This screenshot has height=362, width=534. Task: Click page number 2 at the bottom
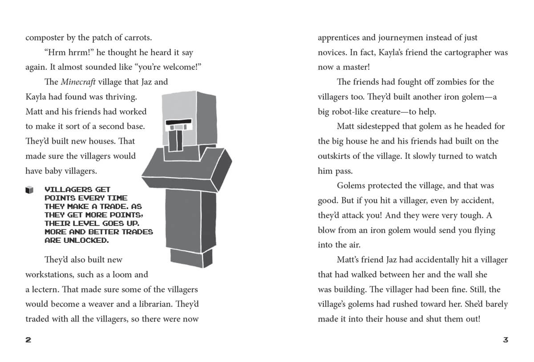[28, 340]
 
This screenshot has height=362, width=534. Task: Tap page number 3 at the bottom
[505, 340]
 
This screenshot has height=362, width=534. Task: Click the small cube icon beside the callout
[29, 190]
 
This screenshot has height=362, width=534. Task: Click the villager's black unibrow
[178, 121]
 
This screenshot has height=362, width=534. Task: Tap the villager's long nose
[178, 139]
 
